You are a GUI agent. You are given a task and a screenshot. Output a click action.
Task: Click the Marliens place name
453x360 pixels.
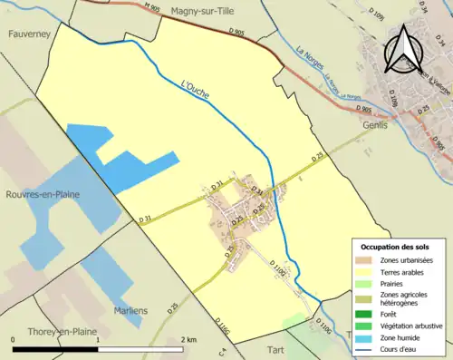pyautogui.click(x=130, y=310)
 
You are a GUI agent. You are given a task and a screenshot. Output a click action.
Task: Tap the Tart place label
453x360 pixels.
pyautogui.click(x=275, y=348)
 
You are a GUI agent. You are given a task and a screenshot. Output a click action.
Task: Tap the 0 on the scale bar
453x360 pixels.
pyautogui.click(x=14, y=339)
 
